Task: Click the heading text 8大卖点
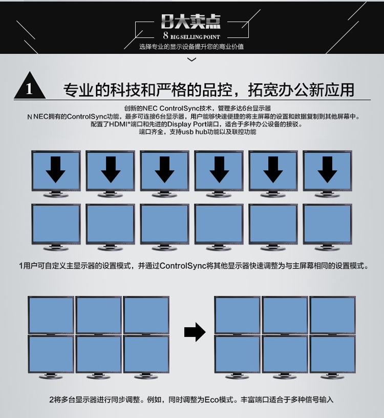[191, 22]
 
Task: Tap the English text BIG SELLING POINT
[195, 37]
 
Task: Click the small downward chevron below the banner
[192, 59]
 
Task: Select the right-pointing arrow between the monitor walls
[195, 332]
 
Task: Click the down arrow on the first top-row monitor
[56, 170]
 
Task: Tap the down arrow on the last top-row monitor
[327, 170]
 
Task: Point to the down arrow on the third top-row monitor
[164, 170]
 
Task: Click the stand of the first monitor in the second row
[56, 248]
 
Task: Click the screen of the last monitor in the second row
[327, 224]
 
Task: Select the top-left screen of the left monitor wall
[51, 315]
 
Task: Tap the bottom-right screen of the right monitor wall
[333, 354]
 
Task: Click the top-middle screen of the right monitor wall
[285, 315]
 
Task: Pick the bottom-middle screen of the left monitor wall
[98, 354]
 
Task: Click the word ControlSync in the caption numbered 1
[183, 266]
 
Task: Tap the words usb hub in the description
[195, 132]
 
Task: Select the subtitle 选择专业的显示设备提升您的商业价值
[191, 47]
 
